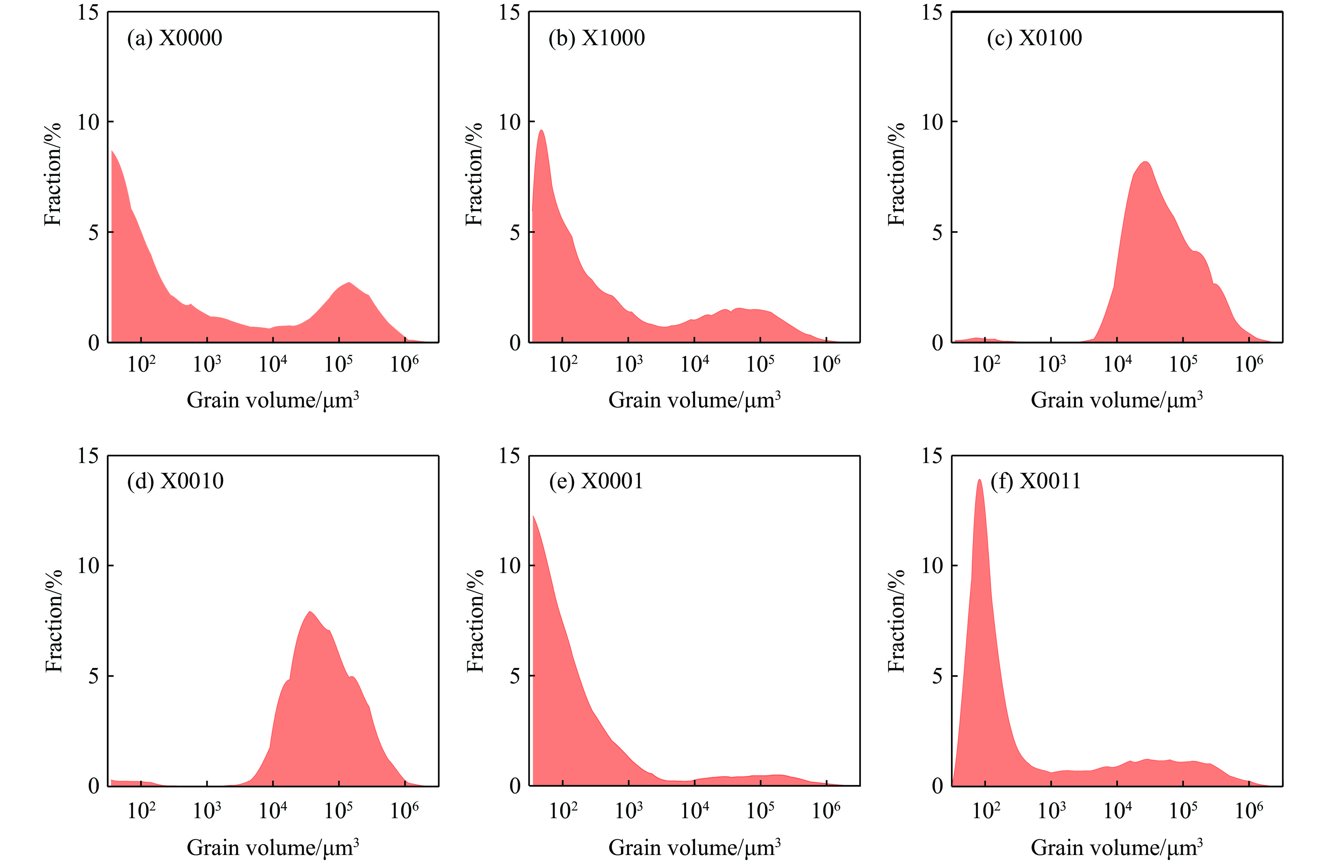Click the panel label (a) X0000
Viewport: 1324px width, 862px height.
(174, 38)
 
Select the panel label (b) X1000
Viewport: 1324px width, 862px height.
(597, 38)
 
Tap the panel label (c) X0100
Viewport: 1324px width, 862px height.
(1034, 38)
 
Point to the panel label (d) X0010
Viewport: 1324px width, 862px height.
(175, 481)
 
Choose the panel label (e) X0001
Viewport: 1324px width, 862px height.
(596, 481)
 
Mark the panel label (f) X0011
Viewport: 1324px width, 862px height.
(1035, 481)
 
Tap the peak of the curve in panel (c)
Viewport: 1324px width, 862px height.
(1145, 162)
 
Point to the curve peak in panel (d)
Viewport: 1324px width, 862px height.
(310, 612)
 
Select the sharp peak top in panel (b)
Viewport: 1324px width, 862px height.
(541, 130)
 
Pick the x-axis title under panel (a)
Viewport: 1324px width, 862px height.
(273, 400)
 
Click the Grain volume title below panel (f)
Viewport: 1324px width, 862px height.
(1117, 848)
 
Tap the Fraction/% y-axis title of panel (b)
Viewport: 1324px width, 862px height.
(474, 174)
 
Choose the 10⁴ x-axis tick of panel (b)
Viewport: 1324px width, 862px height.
(695, 364)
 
